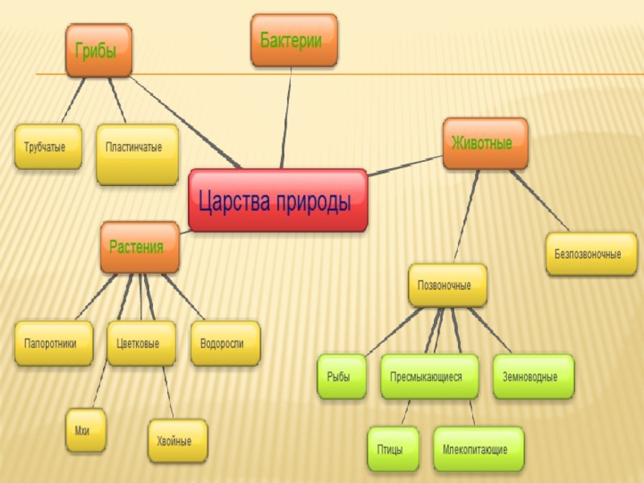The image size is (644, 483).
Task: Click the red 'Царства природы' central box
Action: (277, 200)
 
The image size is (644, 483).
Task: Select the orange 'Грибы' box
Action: (97, 50)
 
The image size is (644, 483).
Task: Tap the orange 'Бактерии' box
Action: (293, 39)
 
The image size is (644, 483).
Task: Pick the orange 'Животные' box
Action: (485, 144)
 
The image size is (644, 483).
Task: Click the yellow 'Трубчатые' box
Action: (47, 147)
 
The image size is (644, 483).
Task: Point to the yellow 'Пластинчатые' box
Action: (136, 154)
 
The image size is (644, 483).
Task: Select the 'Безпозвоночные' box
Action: (590, 254)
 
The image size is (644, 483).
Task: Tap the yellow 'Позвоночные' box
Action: (447, 286)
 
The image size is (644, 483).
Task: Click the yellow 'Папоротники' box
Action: (52, 343)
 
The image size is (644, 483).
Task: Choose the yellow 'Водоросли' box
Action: (225, 343)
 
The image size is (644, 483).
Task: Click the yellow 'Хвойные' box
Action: (176, 441)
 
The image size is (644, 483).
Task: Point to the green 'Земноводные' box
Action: (533, 377)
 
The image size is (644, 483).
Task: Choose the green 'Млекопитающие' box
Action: (479, 448)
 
